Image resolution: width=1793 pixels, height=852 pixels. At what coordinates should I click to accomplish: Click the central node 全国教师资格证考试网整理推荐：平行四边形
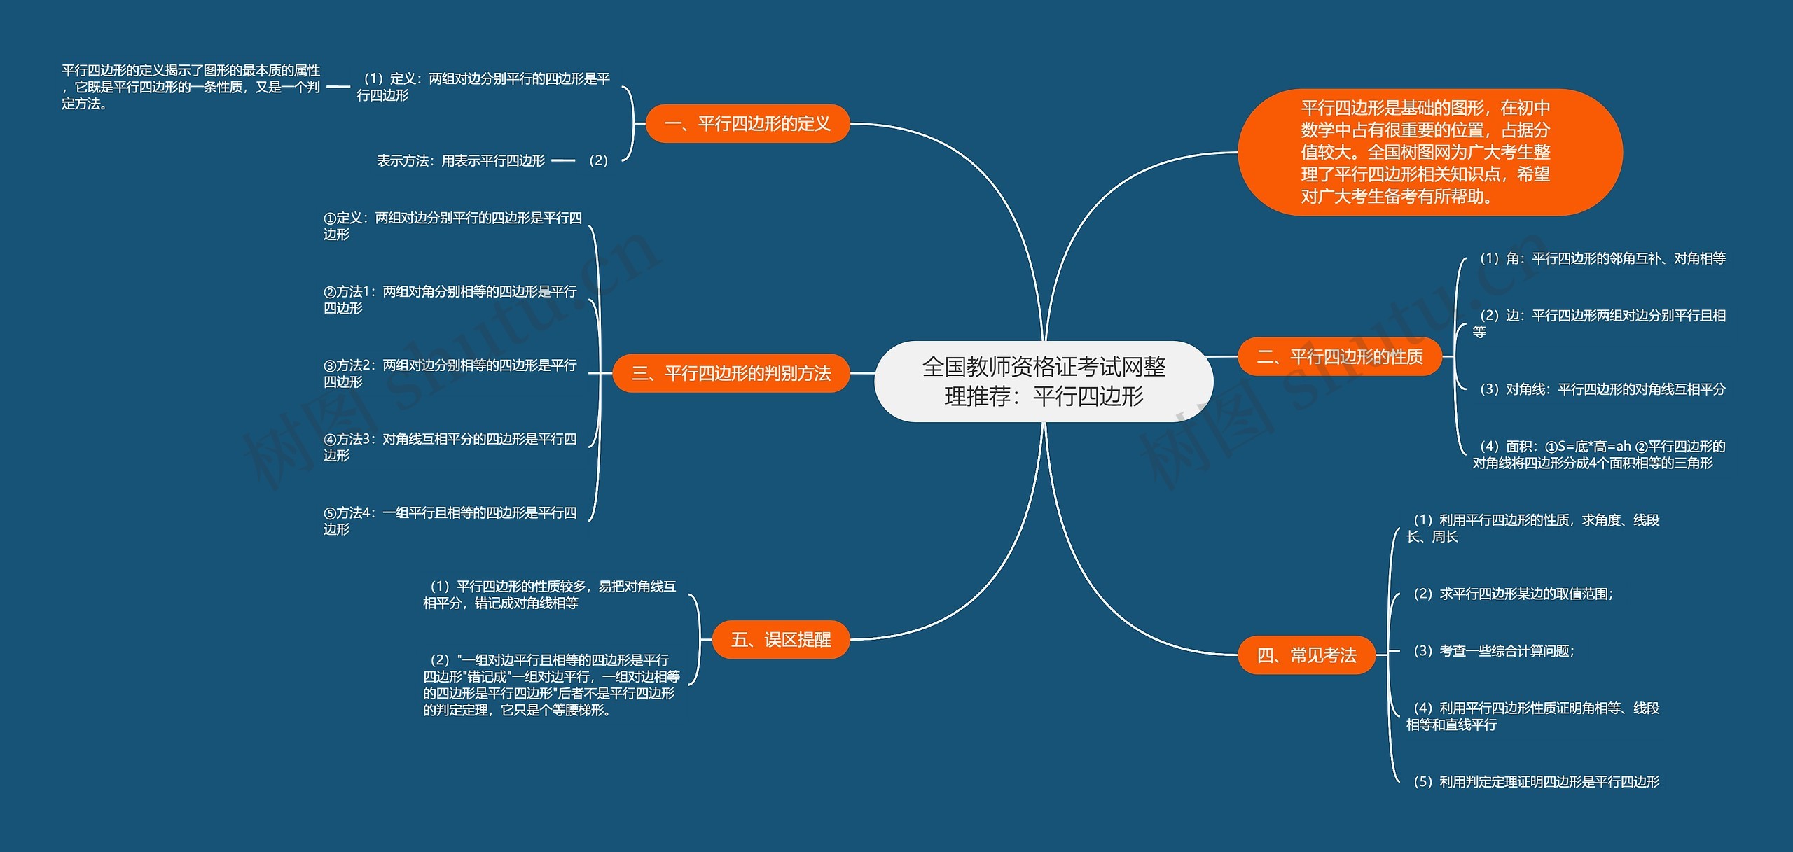point(1044,382)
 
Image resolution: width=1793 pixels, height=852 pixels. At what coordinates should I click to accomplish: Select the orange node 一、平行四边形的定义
point(747,124)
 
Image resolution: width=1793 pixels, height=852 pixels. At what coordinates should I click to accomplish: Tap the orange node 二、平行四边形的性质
point(1339,357)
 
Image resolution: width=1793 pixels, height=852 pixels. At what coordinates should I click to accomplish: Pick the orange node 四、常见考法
point(1306,655)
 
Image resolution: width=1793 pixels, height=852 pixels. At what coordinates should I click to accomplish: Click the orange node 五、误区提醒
point(780,639)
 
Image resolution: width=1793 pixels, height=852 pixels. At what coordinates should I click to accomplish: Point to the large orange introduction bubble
point(1429,152)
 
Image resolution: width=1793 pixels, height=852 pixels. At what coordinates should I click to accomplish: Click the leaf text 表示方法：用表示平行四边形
point(460,161)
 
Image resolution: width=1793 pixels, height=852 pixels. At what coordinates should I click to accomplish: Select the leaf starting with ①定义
point(452,226)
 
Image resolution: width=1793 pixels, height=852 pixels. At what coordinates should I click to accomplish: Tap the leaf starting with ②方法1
point(450,300)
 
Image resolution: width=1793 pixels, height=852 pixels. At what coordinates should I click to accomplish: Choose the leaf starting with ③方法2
point(450,373)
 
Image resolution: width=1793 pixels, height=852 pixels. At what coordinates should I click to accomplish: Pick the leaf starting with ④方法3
point(450,447)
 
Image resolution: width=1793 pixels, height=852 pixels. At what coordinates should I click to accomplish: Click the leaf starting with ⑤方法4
point(450,521)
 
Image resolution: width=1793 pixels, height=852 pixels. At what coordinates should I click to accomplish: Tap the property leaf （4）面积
point(1598,454)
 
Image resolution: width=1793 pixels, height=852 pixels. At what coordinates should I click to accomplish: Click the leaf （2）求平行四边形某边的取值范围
point(1513,594)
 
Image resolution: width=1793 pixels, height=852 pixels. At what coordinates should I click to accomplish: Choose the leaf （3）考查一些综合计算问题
point(1493,651)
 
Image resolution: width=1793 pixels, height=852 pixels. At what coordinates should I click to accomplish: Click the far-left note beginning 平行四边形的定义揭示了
point(191,87)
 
